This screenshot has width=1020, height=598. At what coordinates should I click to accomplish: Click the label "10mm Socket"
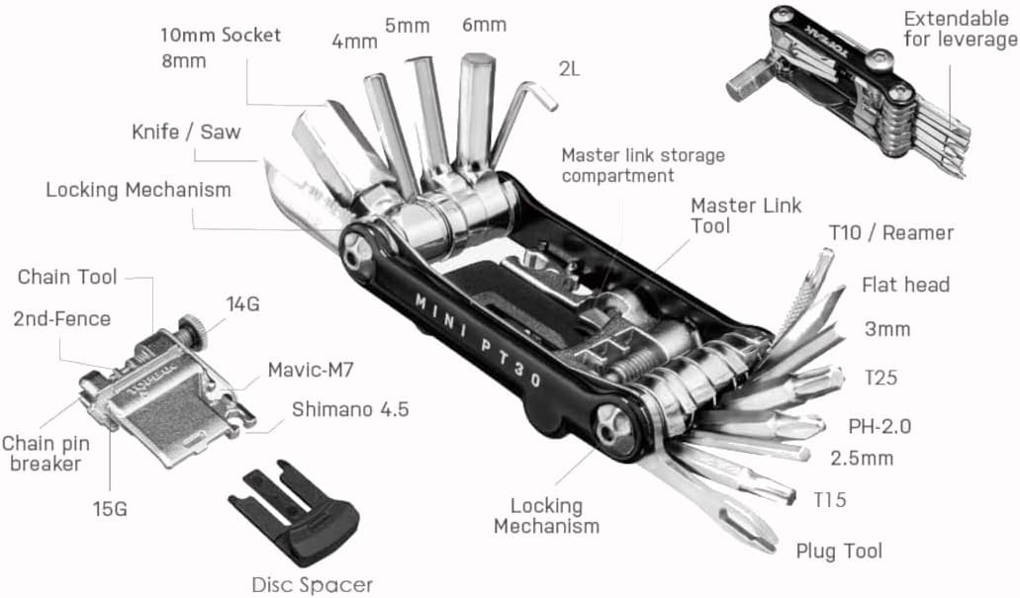(x=221, y=36)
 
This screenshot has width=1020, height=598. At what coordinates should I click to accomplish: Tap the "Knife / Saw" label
(x=186, y=132)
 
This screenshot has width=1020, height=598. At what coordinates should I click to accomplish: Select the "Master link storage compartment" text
(x=643, y=165)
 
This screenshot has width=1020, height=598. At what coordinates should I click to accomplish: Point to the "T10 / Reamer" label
(x=890, y=233)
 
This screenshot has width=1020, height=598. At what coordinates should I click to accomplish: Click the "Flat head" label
(x=904, y=286)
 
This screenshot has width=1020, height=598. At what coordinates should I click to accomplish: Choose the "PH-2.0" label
(x=879, y=427)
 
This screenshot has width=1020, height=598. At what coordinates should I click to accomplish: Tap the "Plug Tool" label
(x=839, y=551)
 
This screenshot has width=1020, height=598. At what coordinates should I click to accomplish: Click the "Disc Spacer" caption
(x=312, y=585)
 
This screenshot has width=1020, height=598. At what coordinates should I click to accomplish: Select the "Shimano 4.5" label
(x=349, y=409)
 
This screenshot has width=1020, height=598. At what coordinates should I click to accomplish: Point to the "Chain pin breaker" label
(x=42, y=453)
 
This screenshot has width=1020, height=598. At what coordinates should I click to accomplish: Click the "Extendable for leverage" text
(x=960, y=29)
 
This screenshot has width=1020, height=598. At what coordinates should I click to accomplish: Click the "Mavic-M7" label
(x=311, y=372)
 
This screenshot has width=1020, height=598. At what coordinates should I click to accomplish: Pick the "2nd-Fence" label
(x=61, y=318)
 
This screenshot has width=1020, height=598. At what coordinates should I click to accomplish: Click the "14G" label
(x=242, y=304)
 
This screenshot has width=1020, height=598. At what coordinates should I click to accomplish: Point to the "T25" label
(x=880, y=377)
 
